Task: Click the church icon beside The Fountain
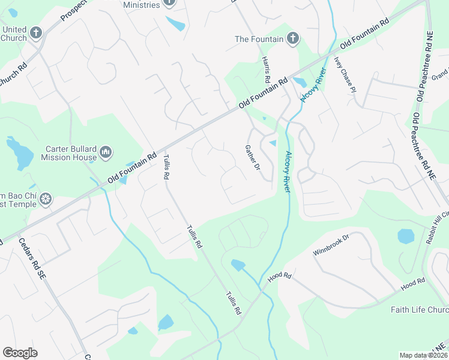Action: [292, 39]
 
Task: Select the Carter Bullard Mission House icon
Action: [106, 153]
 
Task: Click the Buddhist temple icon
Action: [46, 199]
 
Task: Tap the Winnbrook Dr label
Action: [331, 244]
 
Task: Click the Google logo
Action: [20, 352]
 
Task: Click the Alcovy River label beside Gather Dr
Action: [287, 172]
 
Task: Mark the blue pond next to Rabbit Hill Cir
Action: [406, 236]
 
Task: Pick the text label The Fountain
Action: [259, 39]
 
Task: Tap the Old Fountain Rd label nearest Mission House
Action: [131, 168]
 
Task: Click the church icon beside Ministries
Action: [169, 3]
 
